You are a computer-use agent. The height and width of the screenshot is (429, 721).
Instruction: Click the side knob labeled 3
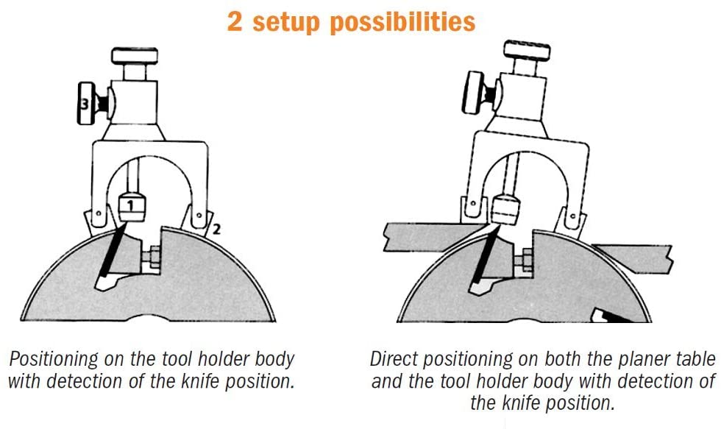[x=85, y=106]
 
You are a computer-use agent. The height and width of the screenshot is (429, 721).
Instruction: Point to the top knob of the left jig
[x=135, y=57]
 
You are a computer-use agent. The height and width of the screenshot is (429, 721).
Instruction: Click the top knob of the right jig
[x=527, y=52]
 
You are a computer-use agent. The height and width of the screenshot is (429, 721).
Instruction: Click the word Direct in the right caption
[x=394, y=360]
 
